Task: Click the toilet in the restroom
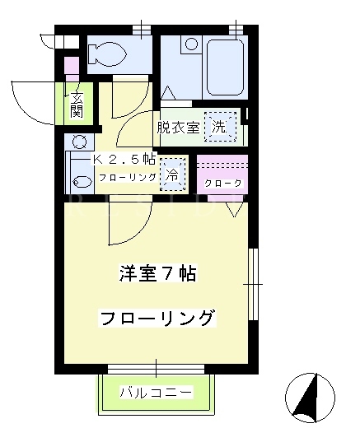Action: click(106, 54)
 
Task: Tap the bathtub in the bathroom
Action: click(225, 67)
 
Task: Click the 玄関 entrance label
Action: click(77, 105)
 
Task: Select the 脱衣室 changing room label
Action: click(178, 128)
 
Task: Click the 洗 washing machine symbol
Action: click(220, 127)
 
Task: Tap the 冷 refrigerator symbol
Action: click(173, 174)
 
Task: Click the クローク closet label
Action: click(223, 184)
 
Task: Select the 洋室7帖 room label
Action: click(157, 273)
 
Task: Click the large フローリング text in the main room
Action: click(157, 318)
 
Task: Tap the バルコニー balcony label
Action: click(157, 392)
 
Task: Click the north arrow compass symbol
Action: click(310, 398)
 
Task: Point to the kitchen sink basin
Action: click(82, 182)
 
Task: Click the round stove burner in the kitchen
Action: click(79, 142)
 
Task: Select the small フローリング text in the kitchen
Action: click(128, 177)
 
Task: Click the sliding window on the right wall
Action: click(254, 284)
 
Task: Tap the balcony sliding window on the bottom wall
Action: click(156, 369)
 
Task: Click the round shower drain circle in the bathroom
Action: click(191, 44)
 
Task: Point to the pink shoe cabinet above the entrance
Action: click(72, 69)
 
